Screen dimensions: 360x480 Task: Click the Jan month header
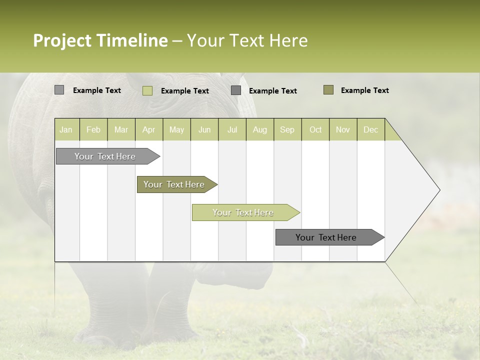66,129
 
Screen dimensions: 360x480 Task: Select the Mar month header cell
121,129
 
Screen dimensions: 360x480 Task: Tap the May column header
176,129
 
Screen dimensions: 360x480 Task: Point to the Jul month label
232,129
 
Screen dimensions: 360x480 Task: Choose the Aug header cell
259,129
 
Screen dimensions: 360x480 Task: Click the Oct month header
315,129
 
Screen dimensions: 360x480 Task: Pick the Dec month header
370,129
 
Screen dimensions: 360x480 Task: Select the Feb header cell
93,129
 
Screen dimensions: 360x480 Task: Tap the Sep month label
287,129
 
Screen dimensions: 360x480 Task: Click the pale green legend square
147,90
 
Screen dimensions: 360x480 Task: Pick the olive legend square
328,90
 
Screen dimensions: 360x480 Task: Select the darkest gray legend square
236,90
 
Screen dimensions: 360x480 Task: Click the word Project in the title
62,40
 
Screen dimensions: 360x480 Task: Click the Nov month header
343,129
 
